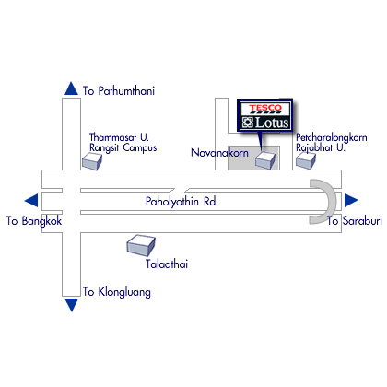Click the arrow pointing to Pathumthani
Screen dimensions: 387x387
coord(72,88)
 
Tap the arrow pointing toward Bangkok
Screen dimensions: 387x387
coord(31,201)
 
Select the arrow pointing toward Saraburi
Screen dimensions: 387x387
coord(351,201)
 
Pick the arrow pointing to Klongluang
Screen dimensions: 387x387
coord(72,305)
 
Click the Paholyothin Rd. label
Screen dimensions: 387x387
coord(182,202)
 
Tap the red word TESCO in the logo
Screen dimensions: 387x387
coord(265,108)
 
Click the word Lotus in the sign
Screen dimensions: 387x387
coord(272,123)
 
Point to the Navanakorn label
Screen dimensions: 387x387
coord(219,153)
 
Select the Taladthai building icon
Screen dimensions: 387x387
coord(141,246)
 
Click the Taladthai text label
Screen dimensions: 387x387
coord(167,264)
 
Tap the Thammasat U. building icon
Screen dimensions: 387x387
coord(92,161)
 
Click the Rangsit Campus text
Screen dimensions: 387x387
coord(123,148)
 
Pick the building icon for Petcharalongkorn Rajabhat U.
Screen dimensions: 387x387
coord(306,160)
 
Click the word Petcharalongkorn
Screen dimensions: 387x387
coord(332,137)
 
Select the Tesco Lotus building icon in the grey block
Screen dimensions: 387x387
coord(265,160)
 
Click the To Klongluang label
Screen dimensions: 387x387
coord(117,292)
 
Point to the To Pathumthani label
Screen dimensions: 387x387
coord(119,91)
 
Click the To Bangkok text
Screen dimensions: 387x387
coord(34,221)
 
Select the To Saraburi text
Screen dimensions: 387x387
coord(355,221)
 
